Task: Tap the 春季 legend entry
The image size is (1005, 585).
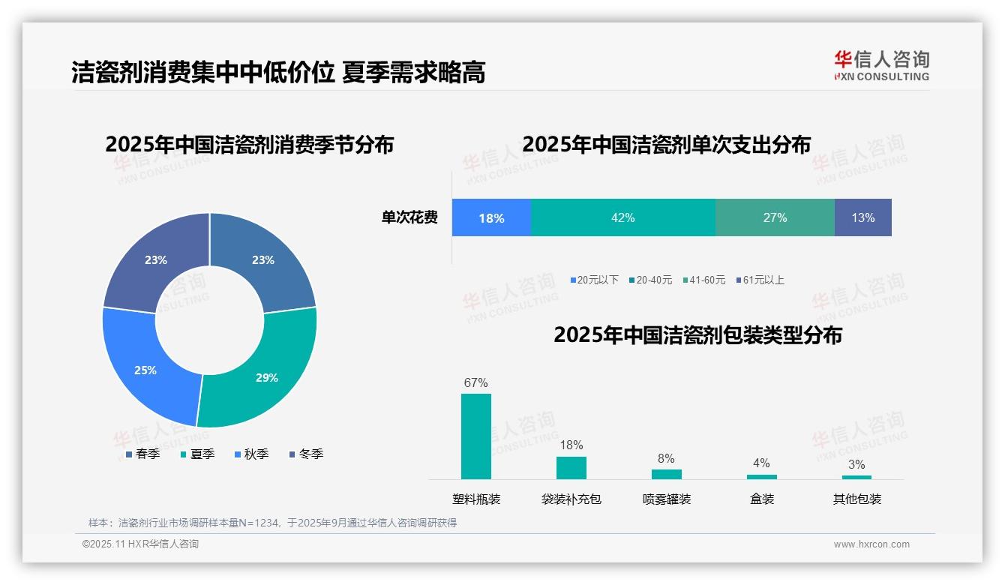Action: point(142,454)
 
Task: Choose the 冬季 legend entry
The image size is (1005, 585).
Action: point(306,454)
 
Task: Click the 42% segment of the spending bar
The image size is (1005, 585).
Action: point(622,217)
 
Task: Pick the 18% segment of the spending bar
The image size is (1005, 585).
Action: point(491,218)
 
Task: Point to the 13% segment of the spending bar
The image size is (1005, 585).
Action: point(862,217)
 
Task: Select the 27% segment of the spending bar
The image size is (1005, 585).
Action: point(775,217)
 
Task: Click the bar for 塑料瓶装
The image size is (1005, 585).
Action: point(476,436)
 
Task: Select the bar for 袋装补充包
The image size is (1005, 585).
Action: point(571,467)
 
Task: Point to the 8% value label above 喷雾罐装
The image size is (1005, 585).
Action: point(666,458)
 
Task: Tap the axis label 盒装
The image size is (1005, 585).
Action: point(762,499)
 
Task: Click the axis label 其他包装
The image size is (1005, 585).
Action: point(857,499)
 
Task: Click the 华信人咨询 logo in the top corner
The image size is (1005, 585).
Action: point(881,65)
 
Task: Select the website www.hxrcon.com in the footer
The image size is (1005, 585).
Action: point(871,544)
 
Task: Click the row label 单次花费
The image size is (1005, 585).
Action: point(409,218)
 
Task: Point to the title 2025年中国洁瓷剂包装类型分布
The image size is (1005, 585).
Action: point(697,335)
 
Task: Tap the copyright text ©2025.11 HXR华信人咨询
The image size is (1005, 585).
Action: point(140,544)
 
